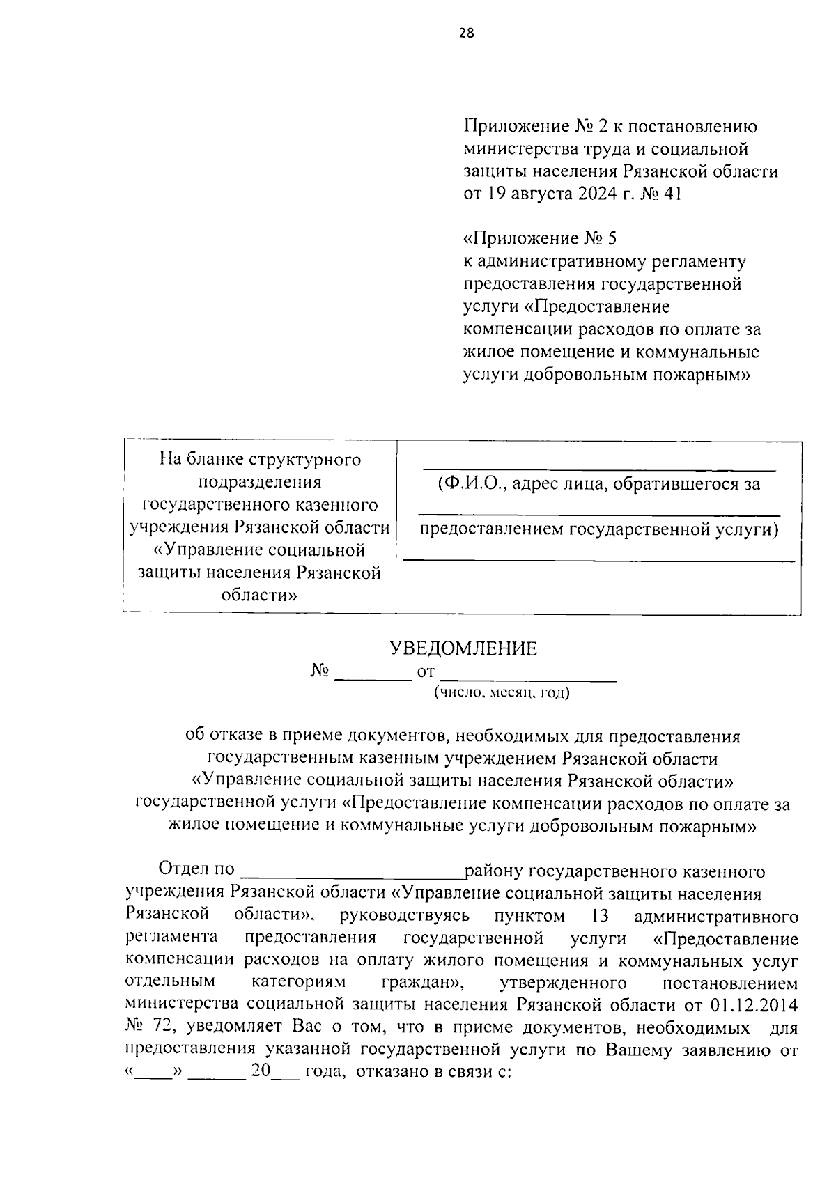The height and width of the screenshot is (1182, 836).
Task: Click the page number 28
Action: click(x=466, y=32)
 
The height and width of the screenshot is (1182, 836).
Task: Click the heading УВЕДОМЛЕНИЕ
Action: click(x=463, y=649)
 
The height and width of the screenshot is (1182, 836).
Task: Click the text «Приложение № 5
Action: click(x=540, y=239)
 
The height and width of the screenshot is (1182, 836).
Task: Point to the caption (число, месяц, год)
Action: click(x=501, y=693)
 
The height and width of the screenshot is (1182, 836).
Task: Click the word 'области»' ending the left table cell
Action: click(x=259, y=596)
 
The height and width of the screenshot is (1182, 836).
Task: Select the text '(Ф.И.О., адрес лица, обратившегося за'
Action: click(x=599, y=484)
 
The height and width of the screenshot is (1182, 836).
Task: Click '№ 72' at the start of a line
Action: click(x=146, y=1027)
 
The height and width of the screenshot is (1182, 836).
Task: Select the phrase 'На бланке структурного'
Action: click(x=260, y=460)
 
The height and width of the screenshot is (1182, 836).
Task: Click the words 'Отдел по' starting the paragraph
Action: click(x=196, y=870)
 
